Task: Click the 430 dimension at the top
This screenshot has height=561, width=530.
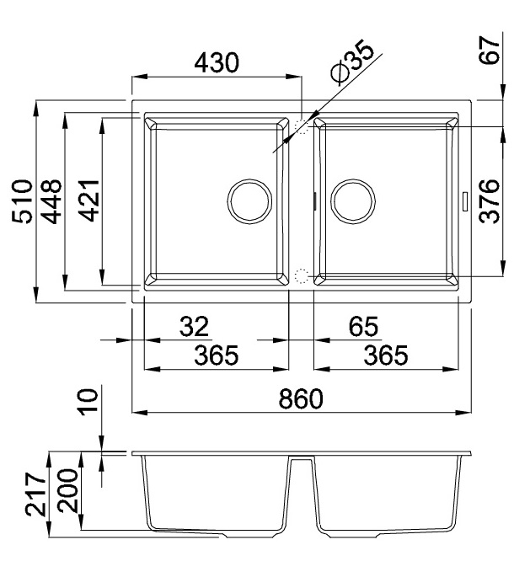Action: click(x=217, y=62)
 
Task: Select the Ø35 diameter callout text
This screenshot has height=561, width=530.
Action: click(x=351, y=61)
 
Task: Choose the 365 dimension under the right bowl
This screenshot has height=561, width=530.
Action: click(x=385, y=355)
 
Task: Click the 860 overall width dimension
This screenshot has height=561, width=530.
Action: click(x=302, y=400)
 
